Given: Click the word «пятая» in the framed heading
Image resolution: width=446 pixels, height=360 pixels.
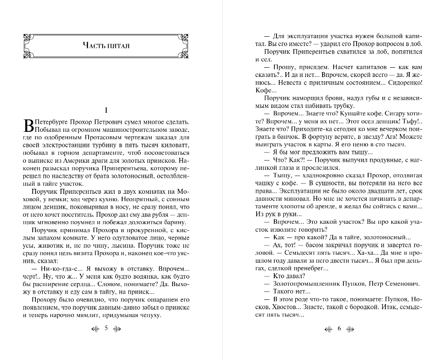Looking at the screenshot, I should [117, 45].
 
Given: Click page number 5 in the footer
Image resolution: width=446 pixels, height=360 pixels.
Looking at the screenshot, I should [106, 328].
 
